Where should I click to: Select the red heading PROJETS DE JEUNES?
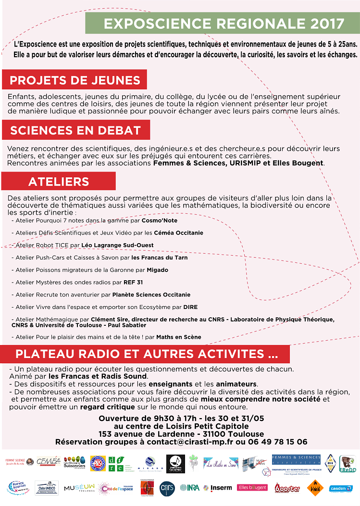pyautogui.click(x=75, y=80)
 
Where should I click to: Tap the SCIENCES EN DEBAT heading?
pyautogui.click(x=75, y=130)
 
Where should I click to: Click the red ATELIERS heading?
pyautogui.click(x=59, y=182)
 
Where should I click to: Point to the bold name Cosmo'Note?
pyautogui.click(x=159, y=221)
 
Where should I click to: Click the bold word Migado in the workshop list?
pyautogui.click(x=157, y=270)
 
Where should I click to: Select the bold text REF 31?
pyautogui.click(x=133, y=283)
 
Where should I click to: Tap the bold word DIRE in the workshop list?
pyautogui.click(x=190, y=307)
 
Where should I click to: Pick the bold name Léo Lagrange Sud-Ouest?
pyautogui.click(x=117, y=245)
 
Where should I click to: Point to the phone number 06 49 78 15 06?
pyautogui.click(x=277, y=442)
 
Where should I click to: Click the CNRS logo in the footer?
pyautogui.click(x=166, y=488)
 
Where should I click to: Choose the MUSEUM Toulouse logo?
pyautogui.click(x=79, y=488)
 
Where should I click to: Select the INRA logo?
pyautogui.click(x=189, y=488)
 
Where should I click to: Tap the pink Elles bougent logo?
pyautogui.click(x=253, y=488)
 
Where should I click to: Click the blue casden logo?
pyautogui.click(x=341, y=488)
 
